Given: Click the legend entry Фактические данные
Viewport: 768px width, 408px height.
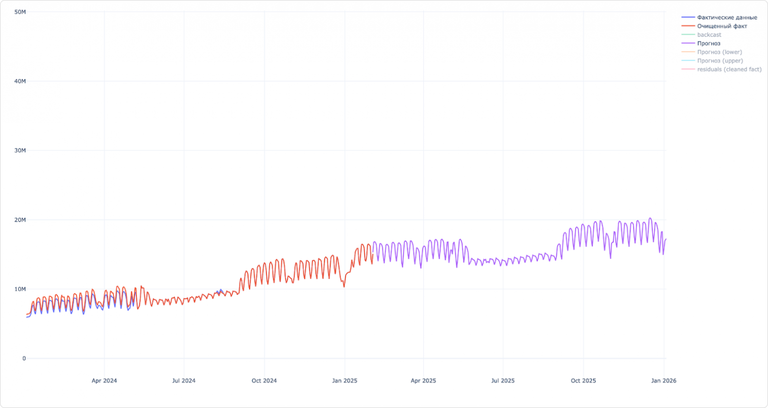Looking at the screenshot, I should [727, 18].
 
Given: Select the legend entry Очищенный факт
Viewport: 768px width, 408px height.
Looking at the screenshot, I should [722, 26].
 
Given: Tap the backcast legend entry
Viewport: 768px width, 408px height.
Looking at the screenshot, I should [709, 35].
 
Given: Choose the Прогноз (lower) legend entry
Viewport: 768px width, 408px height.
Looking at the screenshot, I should [719, 52].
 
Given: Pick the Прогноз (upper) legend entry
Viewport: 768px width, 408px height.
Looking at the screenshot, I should [720, 61].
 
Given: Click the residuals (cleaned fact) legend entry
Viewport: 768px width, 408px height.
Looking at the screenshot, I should [729, 69].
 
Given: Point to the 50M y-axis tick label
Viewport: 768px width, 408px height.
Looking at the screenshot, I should [20, 12].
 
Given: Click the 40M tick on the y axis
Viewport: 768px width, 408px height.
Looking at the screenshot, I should [20, 81].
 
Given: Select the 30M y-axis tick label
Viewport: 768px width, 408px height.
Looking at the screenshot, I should [20, 150].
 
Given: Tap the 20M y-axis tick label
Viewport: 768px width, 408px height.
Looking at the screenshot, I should [20, 220].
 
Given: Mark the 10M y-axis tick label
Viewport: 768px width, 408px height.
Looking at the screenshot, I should [20, 289].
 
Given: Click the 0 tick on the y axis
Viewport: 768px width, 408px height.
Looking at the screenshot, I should [24, 359].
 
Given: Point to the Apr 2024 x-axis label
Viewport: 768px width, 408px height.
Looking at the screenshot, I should [104, 381].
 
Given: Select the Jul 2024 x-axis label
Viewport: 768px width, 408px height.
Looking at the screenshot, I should [184, 381].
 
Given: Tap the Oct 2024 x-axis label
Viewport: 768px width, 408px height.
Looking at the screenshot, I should [264, 381].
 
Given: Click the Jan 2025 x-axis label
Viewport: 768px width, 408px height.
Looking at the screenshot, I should [345, 381].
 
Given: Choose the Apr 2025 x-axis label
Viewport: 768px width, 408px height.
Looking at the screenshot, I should [423, 381].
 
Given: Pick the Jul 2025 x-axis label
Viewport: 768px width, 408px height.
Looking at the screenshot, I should [503, 381].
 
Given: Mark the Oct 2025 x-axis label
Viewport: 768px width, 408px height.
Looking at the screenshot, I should [583, 381].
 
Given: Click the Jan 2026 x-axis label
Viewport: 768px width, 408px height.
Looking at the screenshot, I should [664, 381].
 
